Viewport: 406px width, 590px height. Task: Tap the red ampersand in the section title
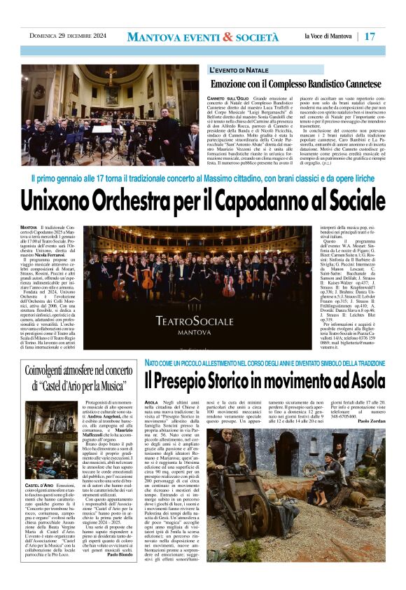pos(227,36)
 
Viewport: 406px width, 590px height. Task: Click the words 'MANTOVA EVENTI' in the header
pos(178,36)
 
